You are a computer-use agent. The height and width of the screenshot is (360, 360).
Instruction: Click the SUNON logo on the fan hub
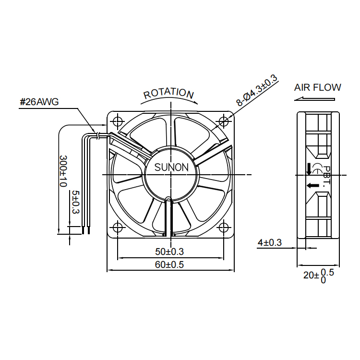point(171,167)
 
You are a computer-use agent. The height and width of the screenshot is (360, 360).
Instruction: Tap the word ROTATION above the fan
point(169,93)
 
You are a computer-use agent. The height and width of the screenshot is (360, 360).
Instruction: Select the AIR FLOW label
point(318,87)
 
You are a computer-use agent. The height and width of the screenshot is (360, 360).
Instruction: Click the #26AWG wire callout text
point(39,102)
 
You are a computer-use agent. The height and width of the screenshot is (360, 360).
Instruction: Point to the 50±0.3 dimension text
point(169,252)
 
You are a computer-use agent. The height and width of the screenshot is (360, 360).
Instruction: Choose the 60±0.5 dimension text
point(169,264)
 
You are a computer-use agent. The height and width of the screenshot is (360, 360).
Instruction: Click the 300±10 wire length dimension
point(63,171)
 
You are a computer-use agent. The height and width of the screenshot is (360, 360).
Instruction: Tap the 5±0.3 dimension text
point(75,202)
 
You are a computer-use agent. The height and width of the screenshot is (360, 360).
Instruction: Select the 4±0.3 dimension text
point(270,242)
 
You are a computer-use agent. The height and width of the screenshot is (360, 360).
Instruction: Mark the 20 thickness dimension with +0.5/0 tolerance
point(319,276)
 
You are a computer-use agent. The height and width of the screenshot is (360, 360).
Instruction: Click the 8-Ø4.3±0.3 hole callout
point(257,91)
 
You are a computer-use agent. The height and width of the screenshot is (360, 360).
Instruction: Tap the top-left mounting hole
point(118,121)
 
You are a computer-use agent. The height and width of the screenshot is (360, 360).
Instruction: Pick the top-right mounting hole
point(223,121)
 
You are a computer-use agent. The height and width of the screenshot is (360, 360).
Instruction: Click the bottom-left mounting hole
point(118,228)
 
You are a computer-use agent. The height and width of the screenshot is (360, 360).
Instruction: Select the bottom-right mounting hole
point(223,228)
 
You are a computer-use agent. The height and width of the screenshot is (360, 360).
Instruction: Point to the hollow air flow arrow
point(314,99)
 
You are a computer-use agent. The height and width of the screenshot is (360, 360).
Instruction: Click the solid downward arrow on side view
point(309,168)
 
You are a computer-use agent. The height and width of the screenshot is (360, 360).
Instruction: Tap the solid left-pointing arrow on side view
point(313,185)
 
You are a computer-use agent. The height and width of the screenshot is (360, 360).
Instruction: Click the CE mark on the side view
point(317,168)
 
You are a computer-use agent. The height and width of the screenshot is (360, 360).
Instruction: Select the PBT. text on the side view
point(326,176)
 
